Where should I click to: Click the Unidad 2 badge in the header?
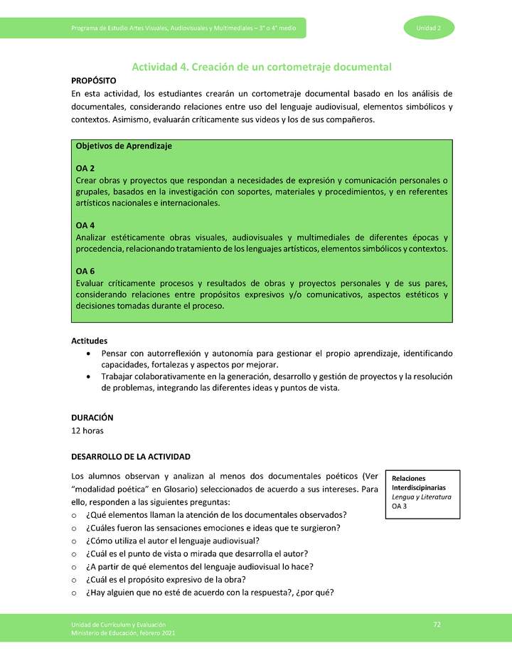(x=429, y=28)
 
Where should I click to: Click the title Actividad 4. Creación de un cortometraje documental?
(x=262, y=67)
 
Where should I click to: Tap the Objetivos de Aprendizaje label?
(x=124, y=146)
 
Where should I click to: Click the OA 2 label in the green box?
(x=85, y=169)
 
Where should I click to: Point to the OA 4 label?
(x=85, y=226)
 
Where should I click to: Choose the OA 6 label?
(x=85, y=271)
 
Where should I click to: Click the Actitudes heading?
(x=90, y=341)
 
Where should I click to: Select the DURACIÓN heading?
(x=92, y=418)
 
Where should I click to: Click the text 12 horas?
(x=90, y=430)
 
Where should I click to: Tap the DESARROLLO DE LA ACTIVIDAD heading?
(x=131, y=456)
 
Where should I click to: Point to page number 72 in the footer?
(x=437, y=625)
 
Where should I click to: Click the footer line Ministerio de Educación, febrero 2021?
(x=123, y=632)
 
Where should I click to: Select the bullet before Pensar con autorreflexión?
(x=87, y=354)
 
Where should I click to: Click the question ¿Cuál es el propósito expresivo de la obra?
(x=191, y=579)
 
